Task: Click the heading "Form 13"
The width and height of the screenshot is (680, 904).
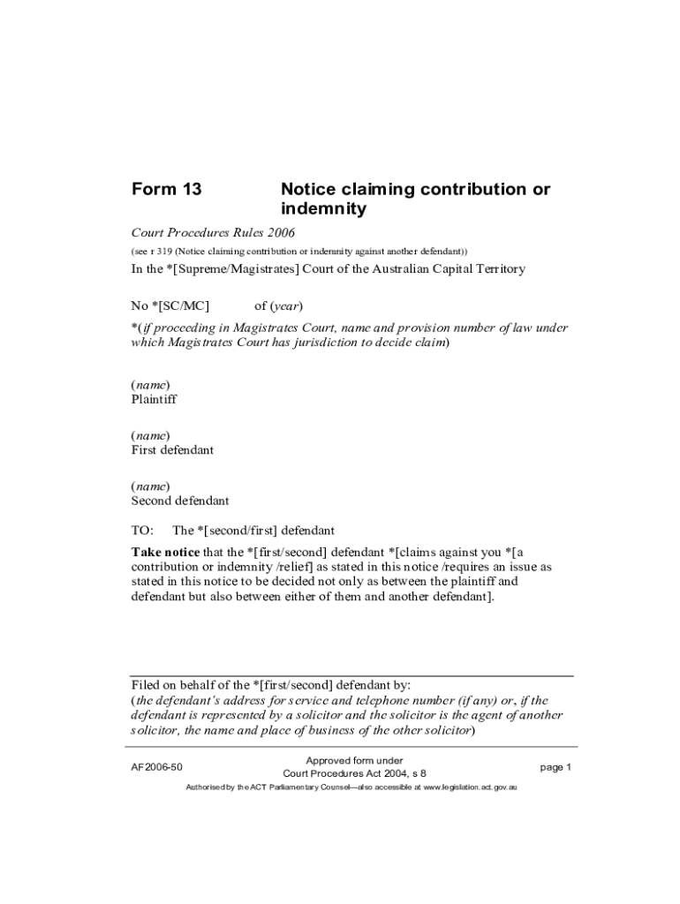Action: click(x=167, y=189)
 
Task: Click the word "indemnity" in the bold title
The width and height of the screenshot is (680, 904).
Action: click(x=322, y=210)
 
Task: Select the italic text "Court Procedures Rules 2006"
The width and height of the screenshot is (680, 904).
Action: click(x=213, y=233)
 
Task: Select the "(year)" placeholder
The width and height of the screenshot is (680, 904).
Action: click(x=287, y=306)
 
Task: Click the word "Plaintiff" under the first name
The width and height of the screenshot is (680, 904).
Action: click(x=154, y=399)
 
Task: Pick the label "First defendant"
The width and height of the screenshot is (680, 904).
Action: click(x=172, y=450)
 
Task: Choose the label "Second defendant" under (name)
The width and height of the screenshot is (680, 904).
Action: click(x=180, y=501)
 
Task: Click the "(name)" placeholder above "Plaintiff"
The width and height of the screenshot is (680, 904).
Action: click(x=150, y=385)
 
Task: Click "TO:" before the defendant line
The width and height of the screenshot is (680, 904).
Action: click(x=142, y=531)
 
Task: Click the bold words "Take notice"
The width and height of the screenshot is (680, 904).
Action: click(x=165, y=552)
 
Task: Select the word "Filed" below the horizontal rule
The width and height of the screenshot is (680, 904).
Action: click(x=147, y=685)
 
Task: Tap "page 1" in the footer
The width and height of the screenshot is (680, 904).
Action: click(x=556, y=767)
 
